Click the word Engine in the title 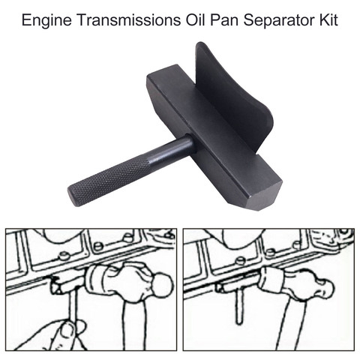[x=46, y=20]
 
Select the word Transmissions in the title [x=128, y=20]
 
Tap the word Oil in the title [x=195, y=20]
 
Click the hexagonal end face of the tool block [x=263, y=197]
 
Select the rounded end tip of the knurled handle [x=73, y=196]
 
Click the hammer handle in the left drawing [x=135, y=325]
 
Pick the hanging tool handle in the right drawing [x=239, y=305]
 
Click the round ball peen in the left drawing [x=163, y=285]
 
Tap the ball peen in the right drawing [x=325, y=287]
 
